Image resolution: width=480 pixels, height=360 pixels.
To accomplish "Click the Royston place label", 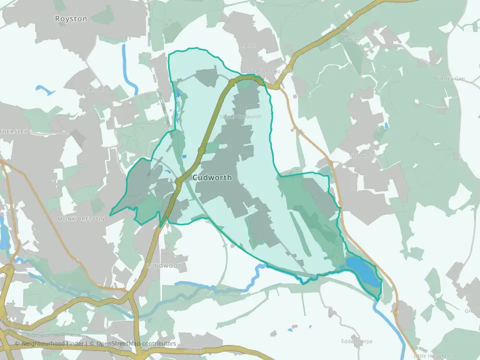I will pyautogui.click(x=71, y=19).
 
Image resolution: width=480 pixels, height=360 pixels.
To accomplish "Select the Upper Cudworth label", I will pyautogui.click(x=241, y=116).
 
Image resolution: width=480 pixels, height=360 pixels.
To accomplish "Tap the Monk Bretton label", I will pyautogui.click(x=81, y=219).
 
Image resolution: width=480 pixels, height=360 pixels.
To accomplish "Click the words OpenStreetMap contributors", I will pyautogui.click(x=136, y=344).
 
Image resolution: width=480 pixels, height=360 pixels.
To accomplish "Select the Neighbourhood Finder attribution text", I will pyautogui.click(x=53, y=344).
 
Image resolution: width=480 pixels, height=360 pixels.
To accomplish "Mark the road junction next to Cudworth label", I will pyautogui.click(x=178, y=184).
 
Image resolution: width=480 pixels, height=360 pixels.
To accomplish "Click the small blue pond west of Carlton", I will pyautogui.click(x=44, y=90).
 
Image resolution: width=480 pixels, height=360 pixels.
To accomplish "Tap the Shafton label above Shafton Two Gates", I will pyautogui.click(x=248, y=45).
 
